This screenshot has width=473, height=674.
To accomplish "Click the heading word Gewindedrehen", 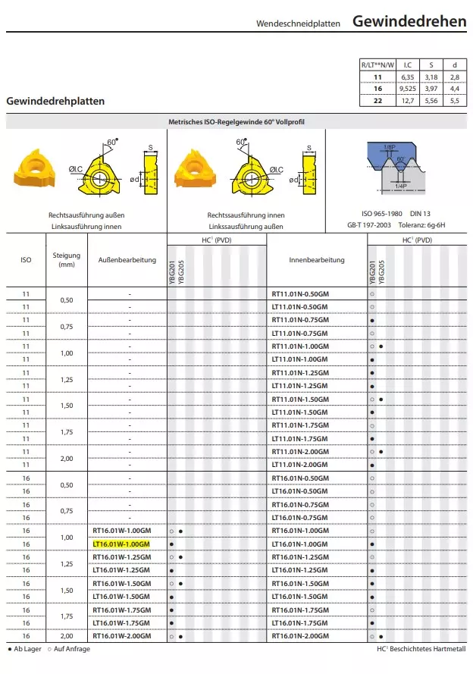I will click(409, 21).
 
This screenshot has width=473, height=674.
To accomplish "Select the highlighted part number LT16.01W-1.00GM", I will click(121, 544).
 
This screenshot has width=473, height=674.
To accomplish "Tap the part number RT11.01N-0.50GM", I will click(300, 293).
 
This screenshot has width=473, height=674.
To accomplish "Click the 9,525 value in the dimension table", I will click(407, 89).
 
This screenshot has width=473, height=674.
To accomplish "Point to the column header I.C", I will click(407, 64).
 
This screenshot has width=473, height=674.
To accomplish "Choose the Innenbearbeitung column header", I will click(316, 260).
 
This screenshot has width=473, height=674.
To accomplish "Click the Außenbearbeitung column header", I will click(127, 260).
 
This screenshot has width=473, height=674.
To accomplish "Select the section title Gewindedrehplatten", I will click(55, 101).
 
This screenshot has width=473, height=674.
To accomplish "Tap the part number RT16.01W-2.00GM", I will click(121, 635).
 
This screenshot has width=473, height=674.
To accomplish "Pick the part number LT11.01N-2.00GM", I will click(300, 465).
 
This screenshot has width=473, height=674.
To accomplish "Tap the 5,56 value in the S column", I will click(430, 100).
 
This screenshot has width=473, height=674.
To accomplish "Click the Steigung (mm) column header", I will click(67, 260).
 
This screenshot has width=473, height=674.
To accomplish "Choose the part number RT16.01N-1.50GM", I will click(300, 583).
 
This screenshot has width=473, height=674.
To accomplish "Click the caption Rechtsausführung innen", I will click(246, 215).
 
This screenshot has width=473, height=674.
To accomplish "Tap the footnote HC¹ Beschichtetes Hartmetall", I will click(421, 650).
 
